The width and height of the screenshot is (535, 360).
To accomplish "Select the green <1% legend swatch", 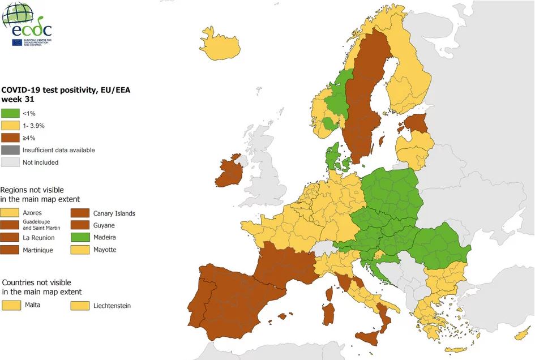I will click(10, 113).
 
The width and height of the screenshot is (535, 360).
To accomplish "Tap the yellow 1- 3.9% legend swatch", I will click(10, 126).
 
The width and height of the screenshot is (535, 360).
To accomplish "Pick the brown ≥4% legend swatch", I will click(10, 138).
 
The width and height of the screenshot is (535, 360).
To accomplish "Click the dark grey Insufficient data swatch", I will click(10, 150).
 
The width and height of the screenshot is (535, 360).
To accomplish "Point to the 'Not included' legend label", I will click(40, 162).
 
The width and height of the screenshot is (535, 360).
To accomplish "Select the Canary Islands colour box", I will click(81, 213).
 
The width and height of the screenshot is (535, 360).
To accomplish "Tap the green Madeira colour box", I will click(81, 238).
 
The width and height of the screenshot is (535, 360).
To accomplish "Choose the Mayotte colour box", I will click(81, 250).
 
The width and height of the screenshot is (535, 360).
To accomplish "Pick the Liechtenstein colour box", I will click(81, 306).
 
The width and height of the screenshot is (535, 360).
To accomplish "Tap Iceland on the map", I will click(221, 45).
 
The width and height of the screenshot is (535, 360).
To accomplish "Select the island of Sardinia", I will click(328, 314).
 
